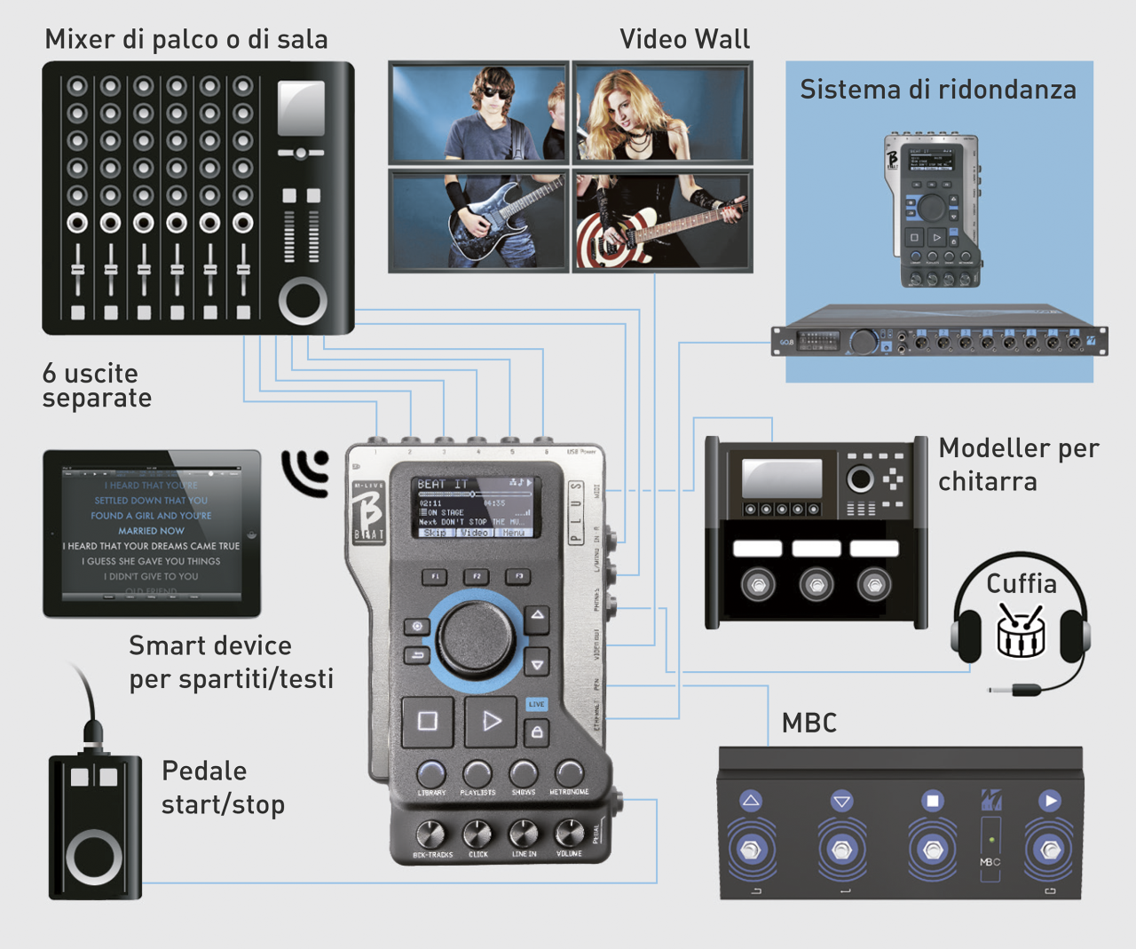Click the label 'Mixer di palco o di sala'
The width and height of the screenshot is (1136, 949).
(x=186, y=40)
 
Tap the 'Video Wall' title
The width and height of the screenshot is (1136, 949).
(x=684, y=40)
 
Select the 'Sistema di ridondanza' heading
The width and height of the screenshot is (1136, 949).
(x=938, y=90)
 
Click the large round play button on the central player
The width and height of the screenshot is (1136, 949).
(x=491, y=721)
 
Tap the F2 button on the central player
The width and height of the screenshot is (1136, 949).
(x=477, y=576)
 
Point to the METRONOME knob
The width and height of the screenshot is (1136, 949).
(x=569, y=774)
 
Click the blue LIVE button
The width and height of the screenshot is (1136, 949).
(x=537, y=704)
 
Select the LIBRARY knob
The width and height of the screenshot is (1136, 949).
(x=431, y=774)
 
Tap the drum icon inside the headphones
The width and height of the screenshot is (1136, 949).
(x=1021, y=630)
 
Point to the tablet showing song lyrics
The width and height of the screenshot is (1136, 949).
(x=152, y=533)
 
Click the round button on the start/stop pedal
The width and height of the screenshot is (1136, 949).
(x=94, y=858)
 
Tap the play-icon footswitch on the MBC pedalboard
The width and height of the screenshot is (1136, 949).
(x=1050, y=850)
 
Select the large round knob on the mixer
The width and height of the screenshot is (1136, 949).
(x=303, y=300)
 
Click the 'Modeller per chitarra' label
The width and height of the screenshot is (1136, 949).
(x=1019, y=464)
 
